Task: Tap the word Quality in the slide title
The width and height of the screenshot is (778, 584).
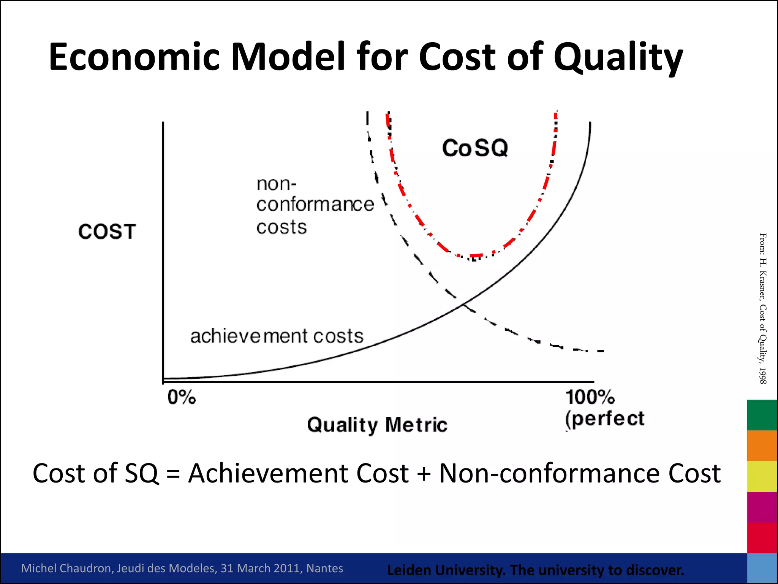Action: pyautogui.click(x=618, y=57)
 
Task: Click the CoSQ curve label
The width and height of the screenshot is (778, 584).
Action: pyautogui.click(x=475, y=148)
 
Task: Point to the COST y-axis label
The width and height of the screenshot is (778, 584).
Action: pyautogui.click(x=107, y=232)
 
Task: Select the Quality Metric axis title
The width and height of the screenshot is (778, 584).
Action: pyautogui.click(x=377, y=424)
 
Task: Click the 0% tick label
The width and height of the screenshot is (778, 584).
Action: pyautogui.click(x=182, y=397)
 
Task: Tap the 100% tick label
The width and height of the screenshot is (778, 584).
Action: pyautogui.click(x=590, y=397)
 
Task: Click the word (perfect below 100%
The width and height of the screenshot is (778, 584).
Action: pyautogui.click(x=604, y=419)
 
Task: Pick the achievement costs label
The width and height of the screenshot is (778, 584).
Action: pyautogui.click(x=277, y=336)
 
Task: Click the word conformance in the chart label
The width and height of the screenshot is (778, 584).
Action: pyautogui.click(x=315, y=205)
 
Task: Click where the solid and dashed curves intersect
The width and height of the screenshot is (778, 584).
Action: pyautogui.click(x=463, y=304)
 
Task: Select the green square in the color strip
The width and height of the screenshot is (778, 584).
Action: pyautogui.click(x=762, y=415)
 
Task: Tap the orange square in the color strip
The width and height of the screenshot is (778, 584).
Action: pyautogui.click(x=762, y=446)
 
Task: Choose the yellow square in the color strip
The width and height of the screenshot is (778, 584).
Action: pyautogui.click(x=762, y=476)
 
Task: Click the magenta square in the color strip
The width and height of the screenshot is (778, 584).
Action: pyautogui.click(x=762, y=507)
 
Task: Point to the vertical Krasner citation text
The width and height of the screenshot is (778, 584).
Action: pyautogui.click(x=762, y=308)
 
